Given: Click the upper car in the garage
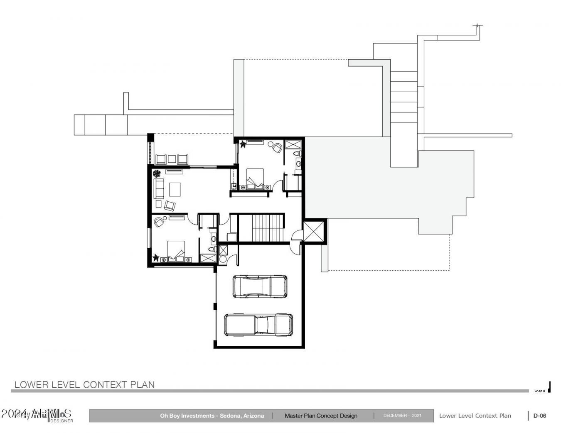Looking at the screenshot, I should tap(260, 286).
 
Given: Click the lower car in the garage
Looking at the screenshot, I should tap(258, 324).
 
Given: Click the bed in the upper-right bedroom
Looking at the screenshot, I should tap(255, 179).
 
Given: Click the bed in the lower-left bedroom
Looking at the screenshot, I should tap(176, 252).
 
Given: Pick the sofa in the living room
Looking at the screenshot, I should tap(159, 188).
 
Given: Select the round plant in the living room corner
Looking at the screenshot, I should tap(157, 173).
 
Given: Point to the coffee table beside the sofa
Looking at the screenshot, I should tap(175, 189).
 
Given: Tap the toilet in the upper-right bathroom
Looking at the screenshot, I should tap(298, 154).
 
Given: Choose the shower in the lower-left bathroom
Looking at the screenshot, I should tap(207, 258).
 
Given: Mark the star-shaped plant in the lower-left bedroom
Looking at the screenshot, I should tap(156, 258).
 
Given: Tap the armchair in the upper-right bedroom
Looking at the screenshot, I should tap(276, 147).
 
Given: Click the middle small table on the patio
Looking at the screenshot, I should tap(172, 159).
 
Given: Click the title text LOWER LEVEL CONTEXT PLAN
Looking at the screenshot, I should tap(84, 384).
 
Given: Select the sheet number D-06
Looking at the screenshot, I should tap(539, 416).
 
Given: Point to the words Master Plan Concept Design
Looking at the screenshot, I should tap(321, 416).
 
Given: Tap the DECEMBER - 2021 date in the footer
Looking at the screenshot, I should tap(402, 416).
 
